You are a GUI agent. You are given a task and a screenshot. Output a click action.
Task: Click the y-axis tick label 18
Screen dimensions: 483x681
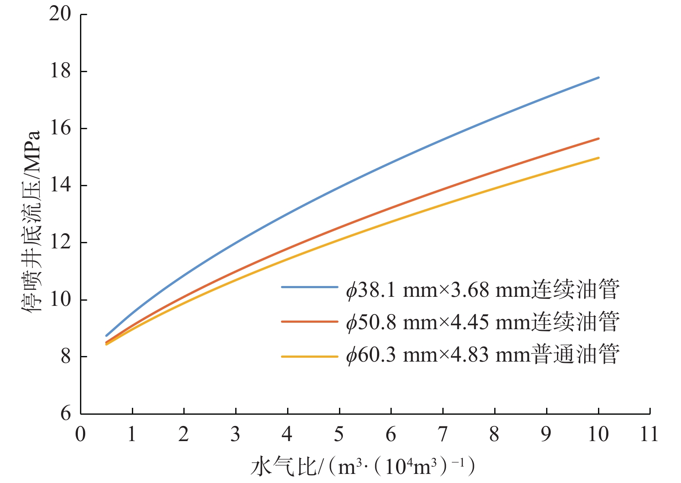click(60, 71)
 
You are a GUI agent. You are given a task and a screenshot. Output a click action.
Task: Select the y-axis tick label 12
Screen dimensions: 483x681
click(60, 242)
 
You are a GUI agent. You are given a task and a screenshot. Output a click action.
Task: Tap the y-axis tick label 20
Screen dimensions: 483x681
click(60, 14)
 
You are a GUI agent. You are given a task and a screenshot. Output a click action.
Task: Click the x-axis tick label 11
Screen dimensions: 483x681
click(649, 434)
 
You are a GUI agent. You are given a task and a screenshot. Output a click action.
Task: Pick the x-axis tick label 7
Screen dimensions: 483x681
click(443, 434)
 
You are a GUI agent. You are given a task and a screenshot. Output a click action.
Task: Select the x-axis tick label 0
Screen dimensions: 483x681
click(80, 434)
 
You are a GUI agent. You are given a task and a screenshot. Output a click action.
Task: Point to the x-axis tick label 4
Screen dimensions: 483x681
click(287, 434)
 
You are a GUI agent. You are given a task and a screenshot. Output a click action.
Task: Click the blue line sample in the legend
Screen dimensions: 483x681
click(309, 287)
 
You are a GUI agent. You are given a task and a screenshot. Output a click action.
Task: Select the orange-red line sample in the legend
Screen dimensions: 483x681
click(309, 322)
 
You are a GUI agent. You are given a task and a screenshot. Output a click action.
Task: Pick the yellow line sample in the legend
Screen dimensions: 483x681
click(309, 356)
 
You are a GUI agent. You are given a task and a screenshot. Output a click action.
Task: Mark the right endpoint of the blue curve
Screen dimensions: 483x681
click(598, 78)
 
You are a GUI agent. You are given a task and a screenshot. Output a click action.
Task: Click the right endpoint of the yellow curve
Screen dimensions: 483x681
click(598, 158)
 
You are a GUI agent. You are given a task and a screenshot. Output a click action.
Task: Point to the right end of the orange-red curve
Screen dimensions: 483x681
click(598, 139)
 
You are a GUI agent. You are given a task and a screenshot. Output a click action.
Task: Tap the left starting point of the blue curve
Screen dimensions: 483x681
click(106, 335)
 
